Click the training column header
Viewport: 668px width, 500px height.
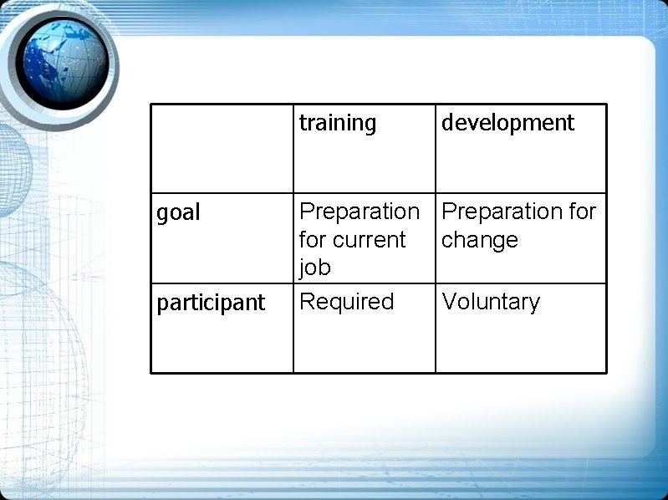[x=338, y=124]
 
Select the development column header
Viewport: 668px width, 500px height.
[x=507, y=124]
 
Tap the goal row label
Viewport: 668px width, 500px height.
[x=179, y=213]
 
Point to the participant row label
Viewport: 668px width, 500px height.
[x=211, y=303]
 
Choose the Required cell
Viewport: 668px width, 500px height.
[x=346, y=302]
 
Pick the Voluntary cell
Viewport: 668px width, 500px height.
[x=491, y=302]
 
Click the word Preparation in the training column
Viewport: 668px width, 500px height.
[x=359, y=212]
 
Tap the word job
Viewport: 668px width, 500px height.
[x=314, y=268]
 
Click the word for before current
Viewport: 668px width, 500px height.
[x=312, y=240]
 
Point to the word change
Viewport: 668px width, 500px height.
[x=480, y=241]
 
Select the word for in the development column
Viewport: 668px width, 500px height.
[x=581, y=212]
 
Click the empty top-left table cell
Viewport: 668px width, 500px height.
[x=222, y=148]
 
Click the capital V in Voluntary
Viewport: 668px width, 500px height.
[x=449, y=302]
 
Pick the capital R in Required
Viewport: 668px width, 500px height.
[x=307, y=302]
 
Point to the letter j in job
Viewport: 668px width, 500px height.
[x=303, y=268]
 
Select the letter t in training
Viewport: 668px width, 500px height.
[x=303, y=124]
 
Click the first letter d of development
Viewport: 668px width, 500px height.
[x=447, y=124]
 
